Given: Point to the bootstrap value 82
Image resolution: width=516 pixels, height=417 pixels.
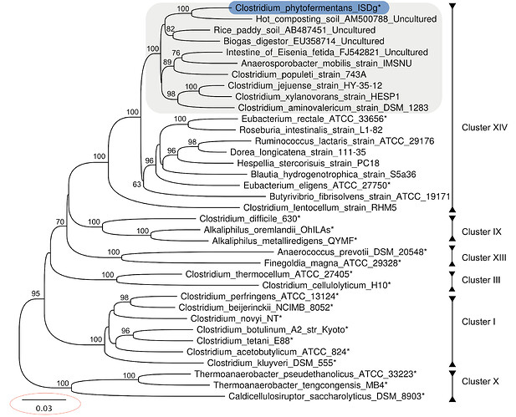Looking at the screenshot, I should point(171,29).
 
